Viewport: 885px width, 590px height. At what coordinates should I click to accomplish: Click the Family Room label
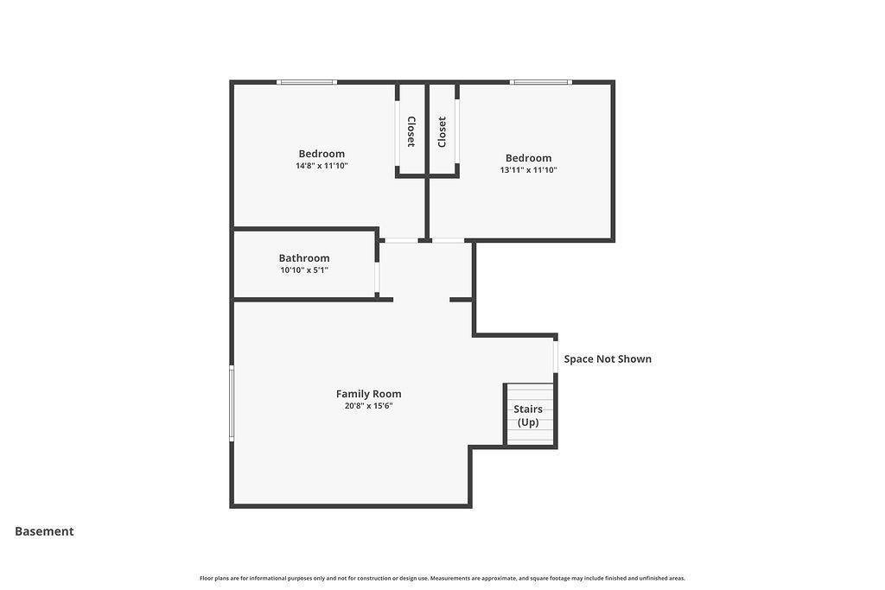click(x=368, y=394)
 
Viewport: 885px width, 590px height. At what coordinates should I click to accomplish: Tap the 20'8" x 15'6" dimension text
click(x=368, y=405)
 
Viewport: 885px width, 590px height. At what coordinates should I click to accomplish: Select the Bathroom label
click(x=304, y=257)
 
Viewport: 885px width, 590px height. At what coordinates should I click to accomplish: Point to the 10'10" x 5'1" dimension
click(x=304, y=270)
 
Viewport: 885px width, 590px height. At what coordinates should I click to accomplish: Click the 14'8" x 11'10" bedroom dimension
click(x=322, y=166)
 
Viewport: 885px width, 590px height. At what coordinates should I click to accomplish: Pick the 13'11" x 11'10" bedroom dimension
click(x=528, y=170)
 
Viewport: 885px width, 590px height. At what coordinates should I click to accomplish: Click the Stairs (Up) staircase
click(x=529, y=415)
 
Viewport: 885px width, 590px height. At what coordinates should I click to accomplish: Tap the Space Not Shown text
click(x=608, y=358)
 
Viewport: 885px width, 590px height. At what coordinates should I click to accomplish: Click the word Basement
click(x=44, y=531)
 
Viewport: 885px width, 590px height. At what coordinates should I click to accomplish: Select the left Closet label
click(x=411, y=131)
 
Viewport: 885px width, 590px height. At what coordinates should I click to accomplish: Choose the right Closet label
click(x=442, y=132)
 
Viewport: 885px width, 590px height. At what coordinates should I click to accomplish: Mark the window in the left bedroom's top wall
click(x=307, y=82)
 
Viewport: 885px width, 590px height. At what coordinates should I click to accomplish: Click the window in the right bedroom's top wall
click(x=541, y=82)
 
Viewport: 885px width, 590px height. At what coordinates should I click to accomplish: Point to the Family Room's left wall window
click(x=232, y=403)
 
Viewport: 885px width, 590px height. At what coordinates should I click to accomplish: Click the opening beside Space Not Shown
click(x=556, y=357)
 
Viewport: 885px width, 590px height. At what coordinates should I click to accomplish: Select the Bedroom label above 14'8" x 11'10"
click(x=322, y=154)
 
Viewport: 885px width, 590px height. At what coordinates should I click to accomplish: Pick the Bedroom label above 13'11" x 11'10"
click(x=528, y=158)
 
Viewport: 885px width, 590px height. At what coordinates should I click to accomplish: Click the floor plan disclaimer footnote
click(x=442, y=578)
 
